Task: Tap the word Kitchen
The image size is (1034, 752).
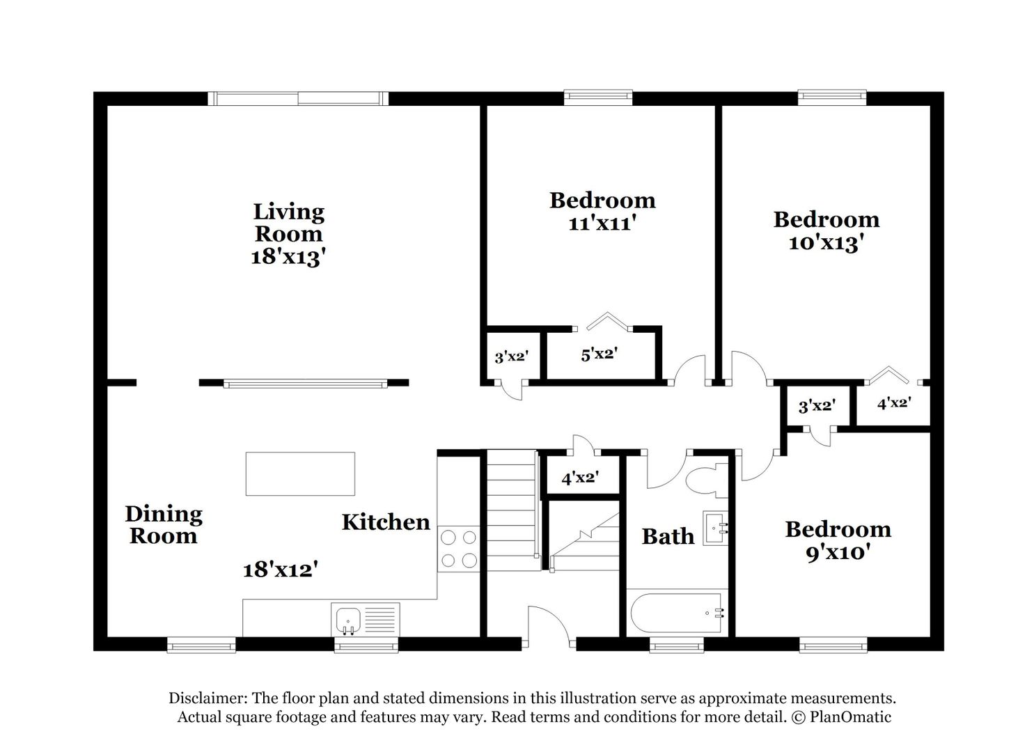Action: click(x=386, y=522)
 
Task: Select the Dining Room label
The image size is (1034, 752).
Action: click(x=164, y=525)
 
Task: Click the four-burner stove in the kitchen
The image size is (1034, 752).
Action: click(x=459, y=549)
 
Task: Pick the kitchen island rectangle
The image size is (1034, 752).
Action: click(x=300, y=473)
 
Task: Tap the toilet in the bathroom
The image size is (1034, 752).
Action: click(x=706, y=480)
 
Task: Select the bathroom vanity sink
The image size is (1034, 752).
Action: click(x=715, y=528)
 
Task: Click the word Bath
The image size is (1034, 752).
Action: click(x=668, y=536)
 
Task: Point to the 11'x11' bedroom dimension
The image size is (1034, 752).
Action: click(x=602, y=224)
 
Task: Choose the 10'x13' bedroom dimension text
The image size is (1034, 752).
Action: click(x=827, y=243)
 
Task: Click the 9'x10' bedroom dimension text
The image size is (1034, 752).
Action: click(x=838, y=553)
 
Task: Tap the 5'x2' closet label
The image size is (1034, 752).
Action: click(x=600, y=354)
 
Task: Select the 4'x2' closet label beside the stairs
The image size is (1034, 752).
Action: click(x=580, y=478)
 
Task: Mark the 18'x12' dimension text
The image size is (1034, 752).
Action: click(x=281, y=570)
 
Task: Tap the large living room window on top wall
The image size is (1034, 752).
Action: click(x=298, y=98)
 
